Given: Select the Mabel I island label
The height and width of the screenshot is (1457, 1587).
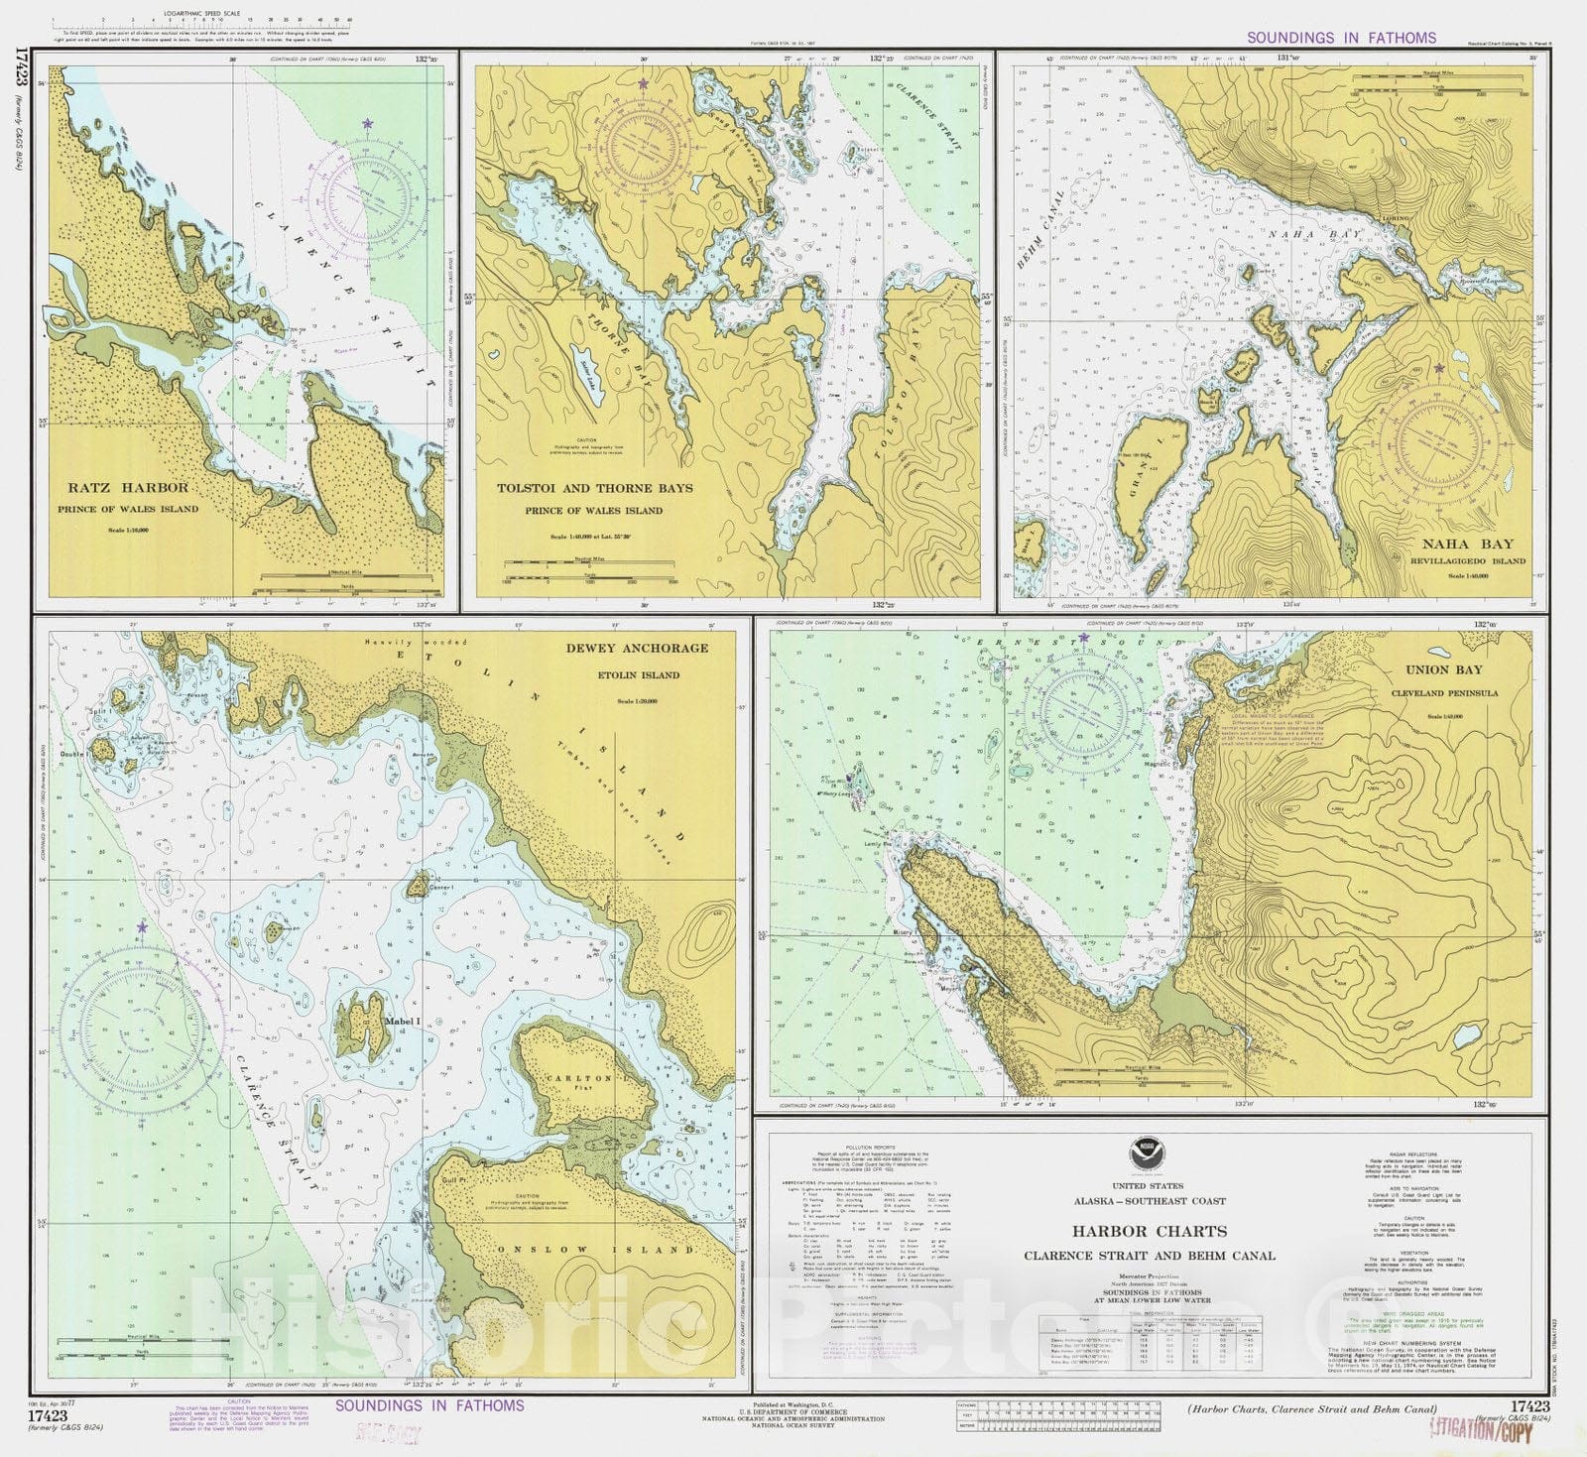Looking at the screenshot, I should coord(402,1020).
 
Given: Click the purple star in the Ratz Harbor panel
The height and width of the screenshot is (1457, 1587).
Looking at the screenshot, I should coord(368,124).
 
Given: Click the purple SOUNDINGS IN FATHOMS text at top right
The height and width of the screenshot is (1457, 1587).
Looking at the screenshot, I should coord(1341,38).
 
